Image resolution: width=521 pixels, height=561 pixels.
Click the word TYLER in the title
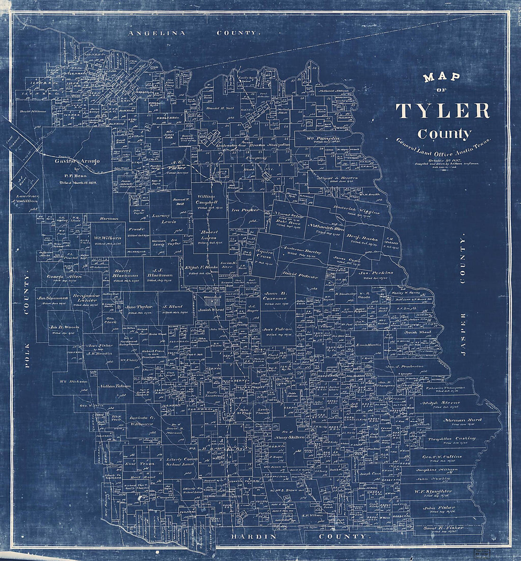(442, 110)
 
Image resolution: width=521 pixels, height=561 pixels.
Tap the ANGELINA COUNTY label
(195, 33)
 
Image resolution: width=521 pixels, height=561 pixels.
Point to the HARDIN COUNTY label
(299, 536)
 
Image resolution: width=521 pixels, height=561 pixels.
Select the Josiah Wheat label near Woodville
(211, 309)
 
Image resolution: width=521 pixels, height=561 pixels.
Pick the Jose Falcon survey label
(278, 329)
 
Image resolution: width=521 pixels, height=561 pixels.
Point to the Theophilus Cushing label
(451, 439)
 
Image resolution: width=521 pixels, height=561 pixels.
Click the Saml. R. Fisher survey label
(443, 527)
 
